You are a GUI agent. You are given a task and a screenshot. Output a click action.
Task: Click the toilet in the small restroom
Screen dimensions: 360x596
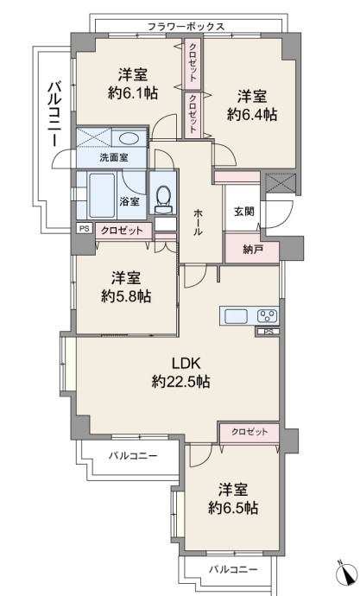coord(163,198)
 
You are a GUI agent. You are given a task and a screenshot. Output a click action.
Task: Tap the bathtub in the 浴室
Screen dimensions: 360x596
coord(102,195)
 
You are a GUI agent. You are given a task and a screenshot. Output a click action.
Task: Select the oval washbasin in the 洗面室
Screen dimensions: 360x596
coord(129,138)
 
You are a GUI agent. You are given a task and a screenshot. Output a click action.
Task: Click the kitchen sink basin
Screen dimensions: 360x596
coord(237,316)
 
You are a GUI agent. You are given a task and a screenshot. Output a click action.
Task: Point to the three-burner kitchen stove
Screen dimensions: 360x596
coord(268,316)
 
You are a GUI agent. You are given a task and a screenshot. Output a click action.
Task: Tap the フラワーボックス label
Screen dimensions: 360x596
coord(186,27)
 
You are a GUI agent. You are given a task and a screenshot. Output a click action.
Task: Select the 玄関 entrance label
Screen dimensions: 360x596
coord(243,212)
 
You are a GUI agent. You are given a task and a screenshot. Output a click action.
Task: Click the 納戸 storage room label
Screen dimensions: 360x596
coord(253,250)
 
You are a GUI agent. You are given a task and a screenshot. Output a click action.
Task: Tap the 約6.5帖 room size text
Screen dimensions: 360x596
coord(233,507)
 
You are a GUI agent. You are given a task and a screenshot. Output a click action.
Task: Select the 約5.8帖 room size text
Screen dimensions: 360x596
coord(126,296)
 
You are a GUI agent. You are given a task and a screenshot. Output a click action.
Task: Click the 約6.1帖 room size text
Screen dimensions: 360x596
coord(133,92)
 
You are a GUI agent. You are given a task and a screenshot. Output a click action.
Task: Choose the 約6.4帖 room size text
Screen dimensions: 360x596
coord(252,114)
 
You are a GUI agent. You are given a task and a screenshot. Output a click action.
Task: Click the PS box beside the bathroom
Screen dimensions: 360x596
coord(85,229)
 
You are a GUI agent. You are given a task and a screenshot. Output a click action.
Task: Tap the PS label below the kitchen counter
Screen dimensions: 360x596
coord(268,332)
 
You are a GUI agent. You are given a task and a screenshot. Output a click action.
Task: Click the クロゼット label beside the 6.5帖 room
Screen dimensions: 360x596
coord(249,432)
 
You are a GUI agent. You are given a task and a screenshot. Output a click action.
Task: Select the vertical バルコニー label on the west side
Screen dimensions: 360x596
coord(54,114)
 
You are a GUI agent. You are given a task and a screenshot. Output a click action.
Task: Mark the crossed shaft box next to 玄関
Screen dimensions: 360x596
coord(281,181)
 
